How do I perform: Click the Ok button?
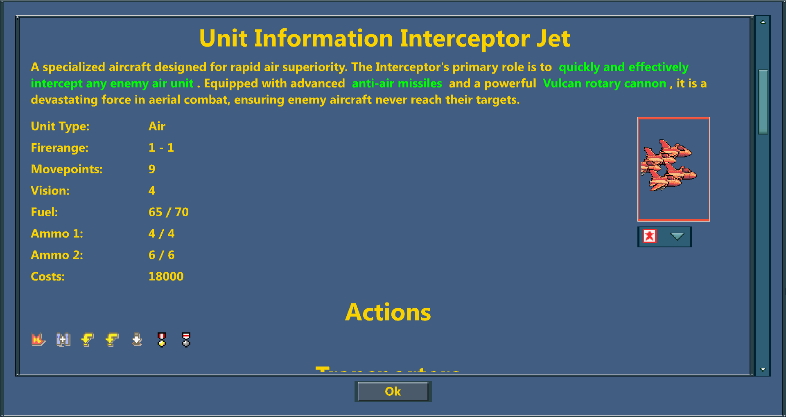pyautogui.click(x=393, y=392)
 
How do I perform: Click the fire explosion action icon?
pyautogui.click(x=38, y=339)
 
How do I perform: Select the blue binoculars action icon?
pyautogui.click(x=63, y=339)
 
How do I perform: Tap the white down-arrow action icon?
pyautogui.click(x=137, y=339)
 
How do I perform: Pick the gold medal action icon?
pyautogui.click(x=162, y=339)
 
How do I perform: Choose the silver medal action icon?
pyautogui.click(x=186, y=339)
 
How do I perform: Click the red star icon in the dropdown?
pyautogui.click(x=649, y=236)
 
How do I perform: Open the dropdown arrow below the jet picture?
pyautogui.click(x=677, y=236)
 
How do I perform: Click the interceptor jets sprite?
pyautogui.click(x=669, y=166)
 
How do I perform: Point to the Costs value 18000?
pyautogui.click(x=166, y=276)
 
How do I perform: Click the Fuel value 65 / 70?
pyautogui.click(x=168, y=212)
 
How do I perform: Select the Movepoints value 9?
pyautogui.click(x=152, y=169)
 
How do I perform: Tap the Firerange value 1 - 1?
pyautogui.click(x=161, y=148)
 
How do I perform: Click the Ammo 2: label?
pyautogui.click(x=57, y=255)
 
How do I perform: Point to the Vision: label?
pyautogui.click(x=50, y=191)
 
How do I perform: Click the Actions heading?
pyautogui.click(x=388, y=312)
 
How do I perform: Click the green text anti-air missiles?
pyautogui.click(x=397, y=83)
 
